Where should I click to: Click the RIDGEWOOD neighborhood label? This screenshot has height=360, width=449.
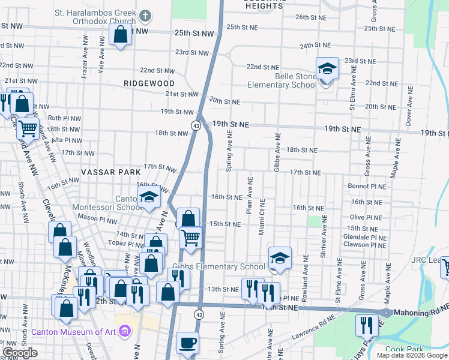tap(149, 83)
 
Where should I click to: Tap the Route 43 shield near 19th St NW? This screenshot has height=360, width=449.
tap(196, 125)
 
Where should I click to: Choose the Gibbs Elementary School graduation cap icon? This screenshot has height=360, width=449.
tap(279, 258)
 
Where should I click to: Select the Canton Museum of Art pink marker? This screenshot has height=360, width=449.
tap(125, 331)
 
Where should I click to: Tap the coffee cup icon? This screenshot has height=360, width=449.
tap(187, 343)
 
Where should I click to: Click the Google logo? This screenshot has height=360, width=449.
tap(20, 353)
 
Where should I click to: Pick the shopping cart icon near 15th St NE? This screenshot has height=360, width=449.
tap(190, 238)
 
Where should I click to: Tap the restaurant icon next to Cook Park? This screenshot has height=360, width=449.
tap(367, 326)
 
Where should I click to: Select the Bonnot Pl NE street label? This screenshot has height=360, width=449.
tap(366, 187)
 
